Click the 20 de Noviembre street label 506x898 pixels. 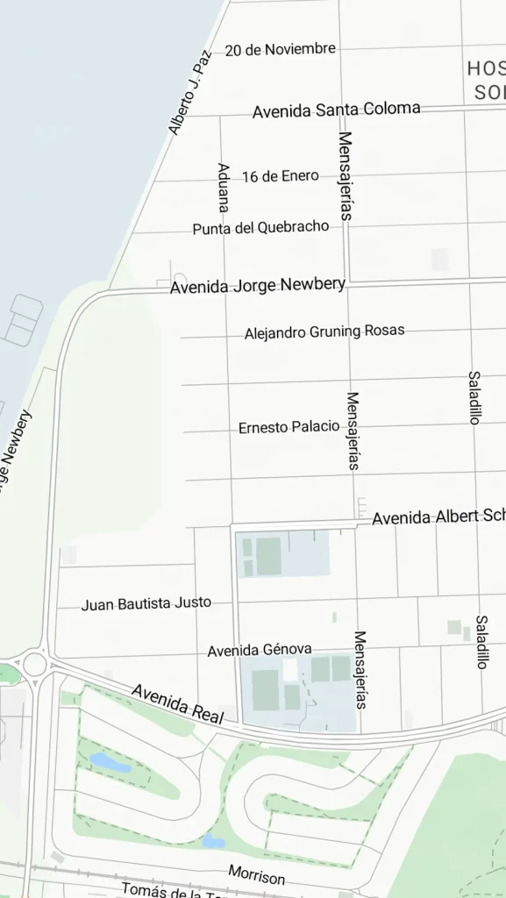[280, 49]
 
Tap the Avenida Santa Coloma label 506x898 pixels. [336, 110]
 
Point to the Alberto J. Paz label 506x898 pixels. [190, 93]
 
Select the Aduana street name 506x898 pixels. [224, 187]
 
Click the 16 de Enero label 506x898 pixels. [281, 175]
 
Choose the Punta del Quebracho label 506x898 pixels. [260, 227]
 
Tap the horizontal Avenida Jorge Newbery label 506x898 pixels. [257, 285]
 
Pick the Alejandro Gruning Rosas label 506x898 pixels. [324, 331]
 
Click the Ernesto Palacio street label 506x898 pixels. [289, 427]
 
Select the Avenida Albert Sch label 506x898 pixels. [438, 517]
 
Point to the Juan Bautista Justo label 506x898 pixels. [146, 603]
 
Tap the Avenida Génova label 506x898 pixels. [260, 650]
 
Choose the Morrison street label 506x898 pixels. [257, 874]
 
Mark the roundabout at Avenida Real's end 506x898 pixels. [33, 663]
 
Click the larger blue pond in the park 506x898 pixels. [110, 762]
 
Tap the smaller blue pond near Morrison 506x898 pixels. [213, 841]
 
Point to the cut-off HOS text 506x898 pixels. [486, 68]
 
